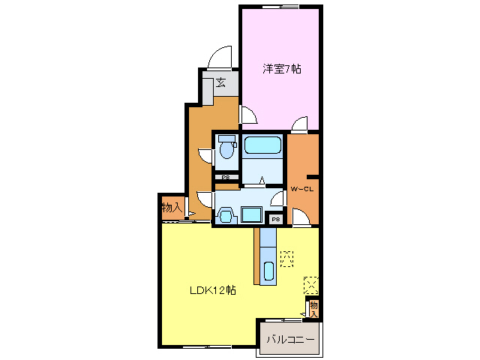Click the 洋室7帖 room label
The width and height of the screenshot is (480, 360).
coord(281,69)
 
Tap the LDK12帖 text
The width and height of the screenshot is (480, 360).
coord(212,289)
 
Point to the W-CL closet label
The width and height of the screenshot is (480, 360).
coord(301,188)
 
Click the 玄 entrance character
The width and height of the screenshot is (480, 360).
coord(221,83)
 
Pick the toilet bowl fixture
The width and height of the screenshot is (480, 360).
coord(226,149)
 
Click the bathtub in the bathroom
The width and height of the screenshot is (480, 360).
coord(262,145)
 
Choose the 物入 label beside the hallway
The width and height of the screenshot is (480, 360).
coord(171,207)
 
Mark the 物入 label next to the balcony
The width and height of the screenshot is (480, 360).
coord(314,308)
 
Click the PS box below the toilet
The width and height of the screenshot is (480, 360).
coord(226,178)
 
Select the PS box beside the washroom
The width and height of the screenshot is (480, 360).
coord(275,219)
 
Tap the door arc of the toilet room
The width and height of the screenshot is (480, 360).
coord(204,153)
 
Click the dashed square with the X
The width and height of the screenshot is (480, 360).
coord(311,284)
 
